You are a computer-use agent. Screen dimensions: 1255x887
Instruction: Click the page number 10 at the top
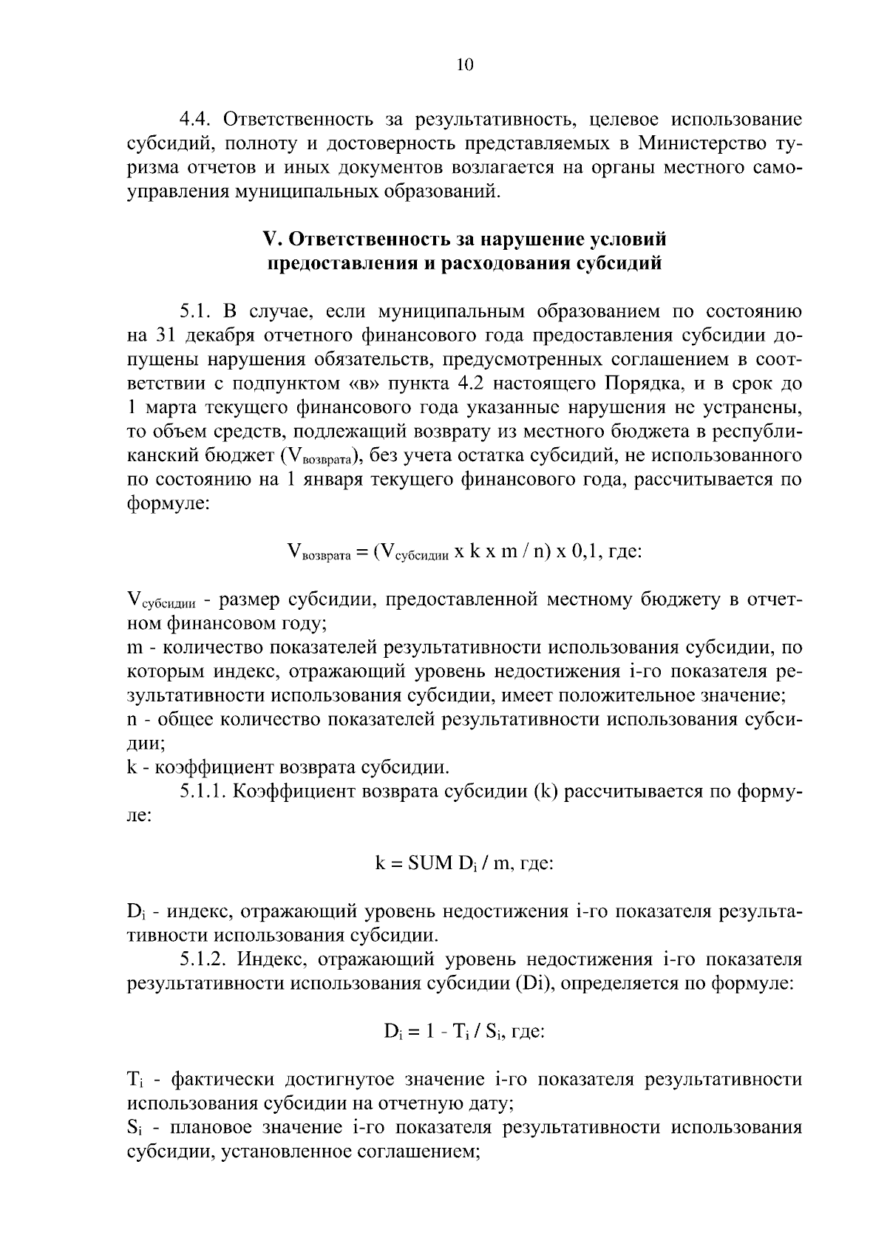[x=464, y=65]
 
